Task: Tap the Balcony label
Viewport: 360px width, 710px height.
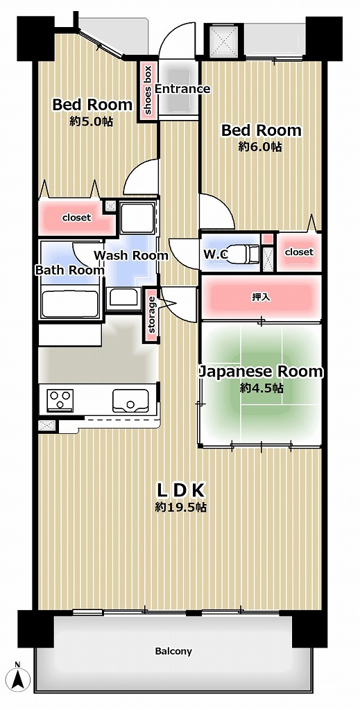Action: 173,652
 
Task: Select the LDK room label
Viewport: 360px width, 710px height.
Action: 181,490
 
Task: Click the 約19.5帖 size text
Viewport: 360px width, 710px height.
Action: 180,507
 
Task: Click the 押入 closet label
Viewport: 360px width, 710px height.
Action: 261,297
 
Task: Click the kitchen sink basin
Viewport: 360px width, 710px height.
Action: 130,401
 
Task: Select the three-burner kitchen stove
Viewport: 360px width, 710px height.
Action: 60,400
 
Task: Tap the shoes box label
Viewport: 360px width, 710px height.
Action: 148,89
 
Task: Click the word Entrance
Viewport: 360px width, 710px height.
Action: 182,89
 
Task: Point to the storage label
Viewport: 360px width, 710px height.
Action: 152,314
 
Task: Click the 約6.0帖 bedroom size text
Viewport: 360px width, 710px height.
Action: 260,147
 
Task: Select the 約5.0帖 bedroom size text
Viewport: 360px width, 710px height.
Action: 92,122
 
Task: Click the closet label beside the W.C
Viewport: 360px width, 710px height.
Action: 299,252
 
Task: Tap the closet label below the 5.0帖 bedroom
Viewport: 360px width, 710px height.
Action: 76,217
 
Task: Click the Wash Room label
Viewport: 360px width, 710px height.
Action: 131,255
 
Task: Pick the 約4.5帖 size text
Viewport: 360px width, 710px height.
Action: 262,388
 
